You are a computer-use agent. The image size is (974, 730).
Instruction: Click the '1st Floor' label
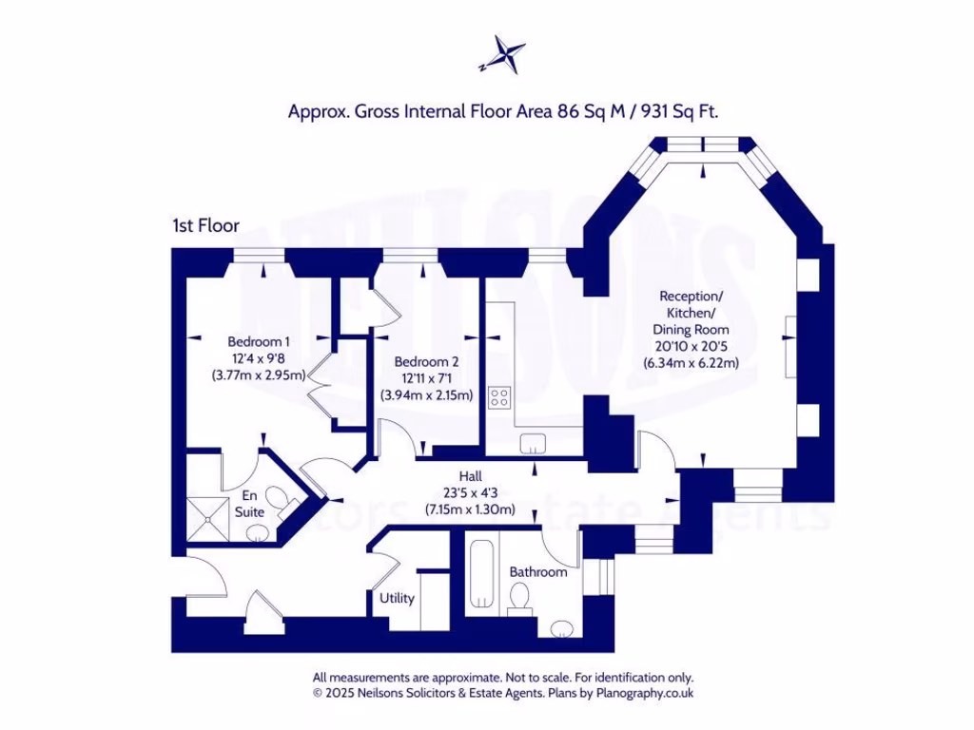205,225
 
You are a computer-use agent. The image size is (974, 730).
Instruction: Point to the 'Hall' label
470,476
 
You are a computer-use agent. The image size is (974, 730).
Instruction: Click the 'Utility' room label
397,598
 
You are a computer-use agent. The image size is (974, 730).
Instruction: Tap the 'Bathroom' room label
537,572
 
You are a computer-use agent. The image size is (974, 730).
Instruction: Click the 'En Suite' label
249,503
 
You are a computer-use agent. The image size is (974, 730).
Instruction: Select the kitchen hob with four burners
499,397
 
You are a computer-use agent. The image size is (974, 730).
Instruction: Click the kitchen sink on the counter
533,441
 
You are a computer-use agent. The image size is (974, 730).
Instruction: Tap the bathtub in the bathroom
480,573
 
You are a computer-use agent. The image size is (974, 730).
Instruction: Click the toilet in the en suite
278,498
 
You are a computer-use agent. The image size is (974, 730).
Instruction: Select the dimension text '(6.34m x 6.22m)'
692,363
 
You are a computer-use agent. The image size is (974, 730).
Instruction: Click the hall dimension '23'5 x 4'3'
470,492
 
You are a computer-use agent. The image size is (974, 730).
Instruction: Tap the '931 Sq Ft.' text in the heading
679,111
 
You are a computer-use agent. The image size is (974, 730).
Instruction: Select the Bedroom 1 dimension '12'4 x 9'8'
258,358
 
